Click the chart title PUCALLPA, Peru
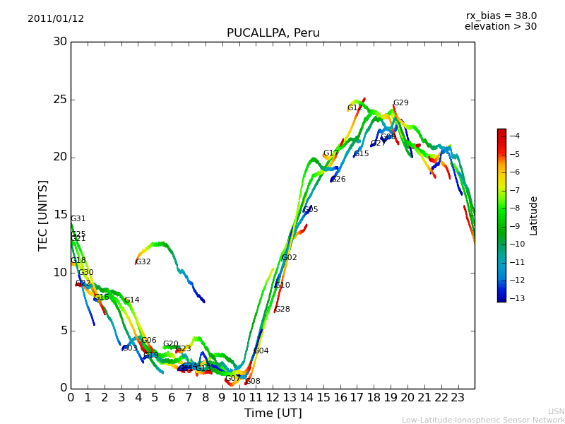[x=273, y=33]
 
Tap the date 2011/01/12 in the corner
[x=56, y=19]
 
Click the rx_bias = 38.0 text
[x=501, y=16]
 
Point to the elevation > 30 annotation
[x=500, y=27]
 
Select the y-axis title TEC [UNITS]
[x=44, y=215]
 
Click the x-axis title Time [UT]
[x=273, y=413]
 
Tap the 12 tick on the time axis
[x=273, y=397]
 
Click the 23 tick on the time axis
[x=458, y=397]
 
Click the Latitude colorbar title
[x=534, y=215]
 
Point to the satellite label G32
[x=143, y=262]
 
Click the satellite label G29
[x=400, y=103]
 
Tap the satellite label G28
[x=282, y=310]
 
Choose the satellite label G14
[x=132, y=300]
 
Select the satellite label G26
[x=338, y=179]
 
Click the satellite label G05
[x=311, y=210]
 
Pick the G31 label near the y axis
[x=78, y=219]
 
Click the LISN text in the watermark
[x=556, y=411]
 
